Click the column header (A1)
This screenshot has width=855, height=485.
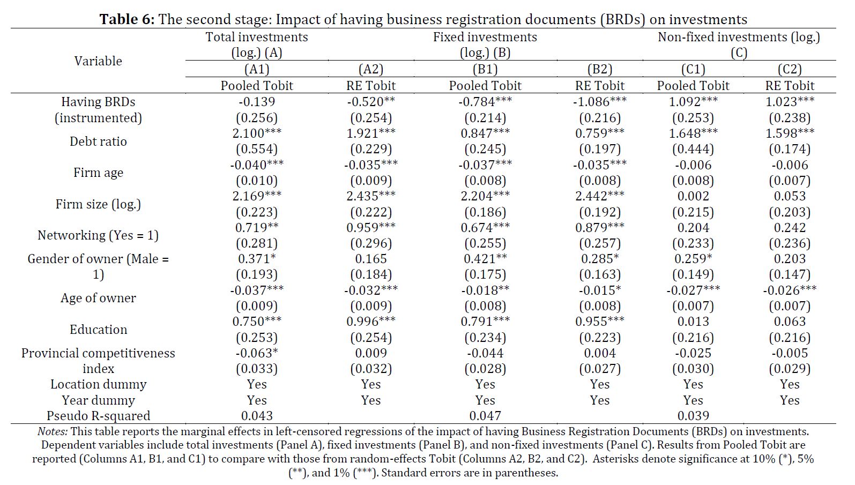point(257,69)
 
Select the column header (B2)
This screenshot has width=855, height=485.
point(600,69)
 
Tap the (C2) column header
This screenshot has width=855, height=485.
point(790,69)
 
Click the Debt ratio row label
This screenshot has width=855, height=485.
point(98,141)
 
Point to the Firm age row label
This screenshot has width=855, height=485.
point(98,173)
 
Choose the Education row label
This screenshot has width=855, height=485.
point(98,329)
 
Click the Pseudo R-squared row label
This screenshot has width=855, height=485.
point(98,415)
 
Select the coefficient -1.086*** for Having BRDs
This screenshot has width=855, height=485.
point(600,101)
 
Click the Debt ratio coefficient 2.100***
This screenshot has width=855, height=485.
point(257,133)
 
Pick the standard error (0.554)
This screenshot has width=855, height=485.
point(257,149)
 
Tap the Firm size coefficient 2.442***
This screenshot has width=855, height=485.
point(600,196)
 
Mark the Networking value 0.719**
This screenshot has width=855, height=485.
point(257,227)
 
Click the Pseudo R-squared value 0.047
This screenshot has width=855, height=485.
point(485,415)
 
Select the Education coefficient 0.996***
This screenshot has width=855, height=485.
point(371,322)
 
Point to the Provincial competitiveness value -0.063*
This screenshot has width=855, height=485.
point(257,353)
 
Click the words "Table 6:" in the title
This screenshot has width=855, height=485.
point(127,19)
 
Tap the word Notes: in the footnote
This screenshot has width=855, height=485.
point(53,431)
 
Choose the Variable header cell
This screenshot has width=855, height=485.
point(98,61)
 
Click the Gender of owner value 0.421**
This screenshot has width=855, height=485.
point(485,259)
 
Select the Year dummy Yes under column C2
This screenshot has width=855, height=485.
point(790,400)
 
